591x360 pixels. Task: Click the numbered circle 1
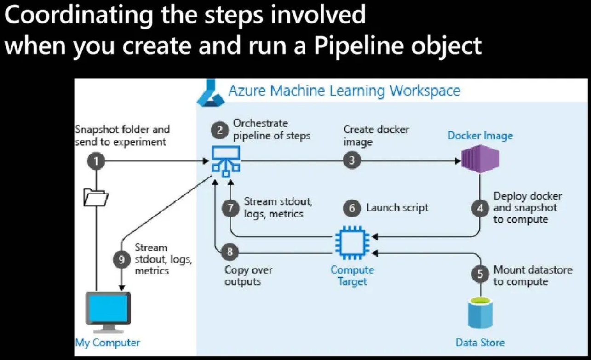click(x=96, y=161)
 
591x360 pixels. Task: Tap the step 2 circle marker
click(x=219, y=130)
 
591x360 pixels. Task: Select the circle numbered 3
click(x=352, y=160)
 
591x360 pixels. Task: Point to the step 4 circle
click(x=480, y=208)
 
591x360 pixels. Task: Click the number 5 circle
click(x=480, y=274)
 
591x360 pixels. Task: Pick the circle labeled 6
click(x=352, y=208)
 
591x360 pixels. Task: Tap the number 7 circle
click(x=230, y=208)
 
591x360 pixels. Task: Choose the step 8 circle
click(x=230, y=251)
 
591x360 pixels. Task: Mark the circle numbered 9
click(x=121, y=259)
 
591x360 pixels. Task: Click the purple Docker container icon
click(x=480, y=159)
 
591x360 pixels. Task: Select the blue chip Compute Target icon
click(x=352, y=243)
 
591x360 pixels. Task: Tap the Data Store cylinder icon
click(x=480, y=313)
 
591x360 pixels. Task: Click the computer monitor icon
click(x=108, y=312)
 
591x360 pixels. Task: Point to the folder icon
click(x=96, y=197)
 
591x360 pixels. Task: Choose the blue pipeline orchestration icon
click(x=226, y=161)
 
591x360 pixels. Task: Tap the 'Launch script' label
click(x=397, y=208)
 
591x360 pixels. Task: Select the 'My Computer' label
click(x=107, y=343)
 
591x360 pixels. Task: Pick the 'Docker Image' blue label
click(x=480, y=136)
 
